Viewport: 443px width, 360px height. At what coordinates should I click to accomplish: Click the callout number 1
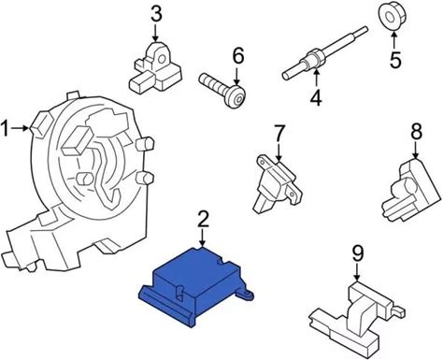tap(6, 128)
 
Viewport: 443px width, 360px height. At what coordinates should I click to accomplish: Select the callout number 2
tap(203, 219)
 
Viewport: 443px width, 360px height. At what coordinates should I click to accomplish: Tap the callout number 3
tap(156, 15)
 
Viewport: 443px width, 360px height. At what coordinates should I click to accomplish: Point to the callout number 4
tap(316, 97)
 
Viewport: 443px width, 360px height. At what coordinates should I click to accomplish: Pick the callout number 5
tap(395, 60)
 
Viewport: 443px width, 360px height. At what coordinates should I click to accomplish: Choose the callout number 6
tap(237, 56)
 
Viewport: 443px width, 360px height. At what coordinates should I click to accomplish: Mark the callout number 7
tap(279, 133)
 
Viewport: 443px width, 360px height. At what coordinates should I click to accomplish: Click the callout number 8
tap(416, 131)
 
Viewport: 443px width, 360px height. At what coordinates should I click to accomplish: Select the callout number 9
tap(358, 253)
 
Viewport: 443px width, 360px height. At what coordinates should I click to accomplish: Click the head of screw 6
tap(236, 96)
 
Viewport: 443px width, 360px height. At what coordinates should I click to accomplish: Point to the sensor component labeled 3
tap(154, 67)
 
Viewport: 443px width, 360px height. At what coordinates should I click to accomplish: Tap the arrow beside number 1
tap(21, 128)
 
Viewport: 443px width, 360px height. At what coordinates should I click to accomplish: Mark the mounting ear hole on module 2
tap(248, 294)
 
